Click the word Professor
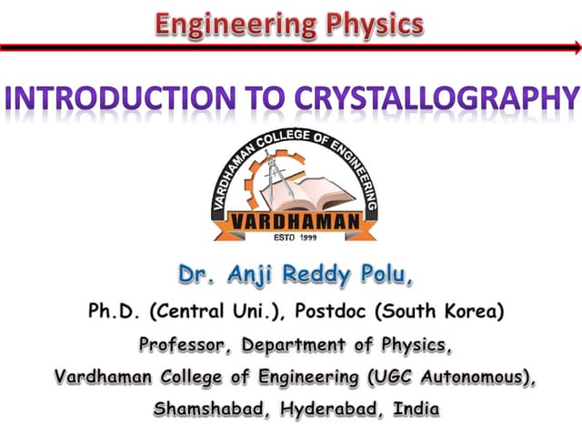180,346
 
